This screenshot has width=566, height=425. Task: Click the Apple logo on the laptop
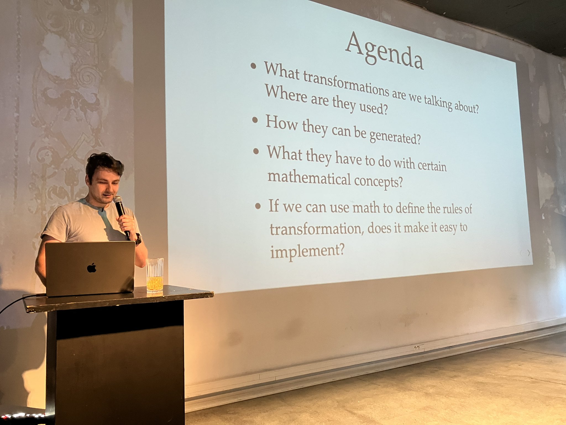[x=91, y=268]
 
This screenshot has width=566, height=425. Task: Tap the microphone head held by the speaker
[x=118, y=200]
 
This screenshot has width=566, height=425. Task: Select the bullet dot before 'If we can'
[x=258, y=206]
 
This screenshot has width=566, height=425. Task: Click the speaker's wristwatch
[x=138, y=239]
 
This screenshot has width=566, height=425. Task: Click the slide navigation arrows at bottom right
[x=525, y=253]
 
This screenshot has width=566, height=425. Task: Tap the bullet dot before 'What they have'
[x=256, y=151]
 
